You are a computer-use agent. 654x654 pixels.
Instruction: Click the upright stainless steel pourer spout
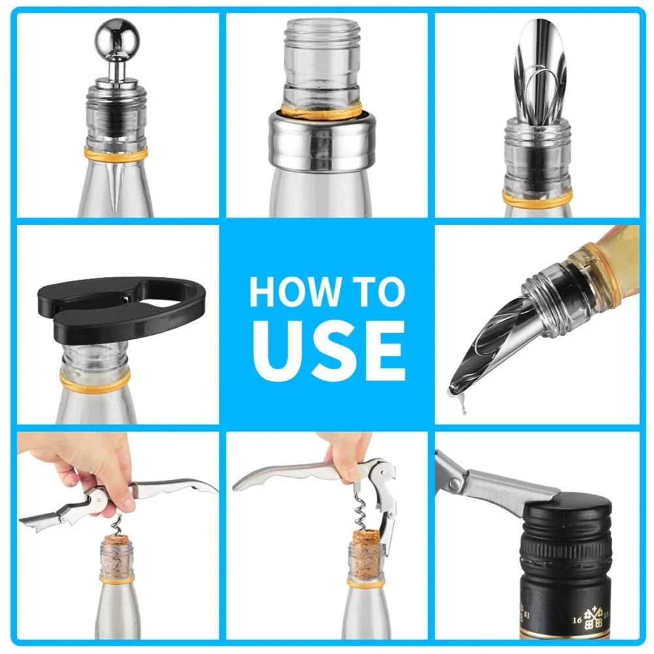(540, 72)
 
